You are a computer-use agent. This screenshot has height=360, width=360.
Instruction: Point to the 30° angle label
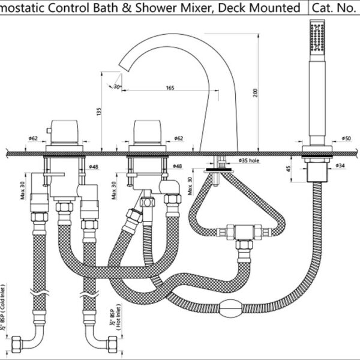tap(116, 86)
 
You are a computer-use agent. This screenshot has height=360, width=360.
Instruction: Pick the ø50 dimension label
tap(346, 139)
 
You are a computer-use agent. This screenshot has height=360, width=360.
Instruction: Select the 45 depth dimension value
tap(289, 169)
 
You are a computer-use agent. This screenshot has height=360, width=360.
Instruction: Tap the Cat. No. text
tap(337, 8)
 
